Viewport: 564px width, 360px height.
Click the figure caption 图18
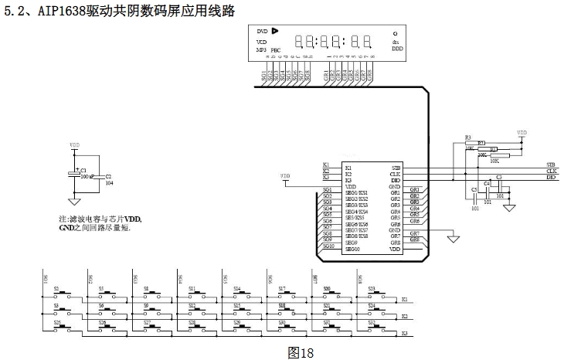[x=301, y=352]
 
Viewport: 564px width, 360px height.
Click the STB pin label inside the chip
[x=396, y=167]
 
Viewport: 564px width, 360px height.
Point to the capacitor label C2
[x=108, y=177]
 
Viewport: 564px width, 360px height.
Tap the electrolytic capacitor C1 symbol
[x=75, y=173]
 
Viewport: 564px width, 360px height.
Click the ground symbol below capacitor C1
[x=74, y=201]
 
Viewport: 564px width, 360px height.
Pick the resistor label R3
[x=467, y=138]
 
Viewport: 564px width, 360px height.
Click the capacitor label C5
[x=474, y=188]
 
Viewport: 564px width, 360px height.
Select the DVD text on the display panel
[x=262, y=31]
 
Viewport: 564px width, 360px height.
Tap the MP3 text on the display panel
[x=261, y=49]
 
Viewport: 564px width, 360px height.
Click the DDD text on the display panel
[x=396, y=49]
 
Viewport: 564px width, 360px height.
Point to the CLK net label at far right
[x=551, y=171]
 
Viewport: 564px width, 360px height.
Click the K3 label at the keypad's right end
[x=404, y=332]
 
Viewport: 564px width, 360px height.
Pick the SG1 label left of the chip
[x=327, y=190]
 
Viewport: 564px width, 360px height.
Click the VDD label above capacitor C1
[x=74, y=144]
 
